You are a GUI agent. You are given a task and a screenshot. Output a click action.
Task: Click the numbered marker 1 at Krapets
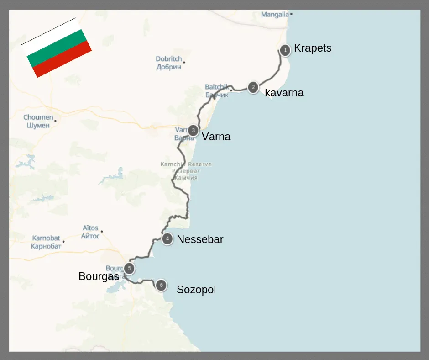tap(285, 50)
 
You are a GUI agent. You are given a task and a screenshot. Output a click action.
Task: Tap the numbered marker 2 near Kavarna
tap(253, 87)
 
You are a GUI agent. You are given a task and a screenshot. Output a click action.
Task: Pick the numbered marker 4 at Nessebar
tap(167, 238)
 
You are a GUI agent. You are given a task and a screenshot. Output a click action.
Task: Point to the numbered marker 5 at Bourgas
tap(130, 269)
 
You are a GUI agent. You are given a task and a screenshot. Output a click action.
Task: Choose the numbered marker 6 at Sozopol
tap(161, 286)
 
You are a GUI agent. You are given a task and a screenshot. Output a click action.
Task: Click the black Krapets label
tap(313, 48)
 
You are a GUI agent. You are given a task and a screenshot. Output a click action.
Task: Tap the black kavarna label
tap(284, 93)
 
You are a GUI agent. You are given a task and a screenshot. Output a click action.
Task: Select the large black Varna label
tap(216, 137)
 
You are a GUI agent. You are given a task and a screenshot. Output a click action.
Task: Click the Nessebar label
tap(200, 239)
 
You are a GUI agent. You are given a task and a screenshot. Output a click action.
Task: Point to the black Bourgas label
tap(99, 276)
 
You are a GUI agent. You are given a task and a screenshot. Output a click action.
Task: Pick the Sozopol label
tap(196, 290)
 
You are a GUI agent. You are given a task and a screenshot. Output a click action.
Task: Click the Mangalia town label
tap(275, 15)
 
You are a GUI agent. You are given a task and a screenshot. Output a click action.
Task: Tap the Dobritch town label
tap(168, 63)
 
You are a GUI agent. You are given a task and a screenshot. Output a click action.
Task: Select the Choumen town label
tap(38, 121)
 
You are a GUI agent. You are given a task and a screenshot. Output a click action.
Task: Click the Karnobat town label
tap(46, 242)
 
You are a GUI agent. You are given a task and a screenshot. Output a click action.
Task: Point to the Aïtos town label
tap(90, 232)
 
